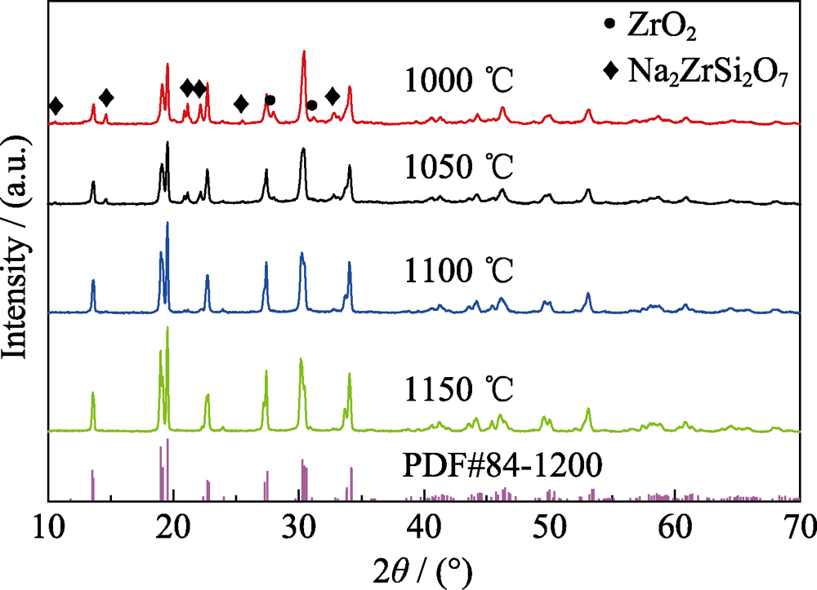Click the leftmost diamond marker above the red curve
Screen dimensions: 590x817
(56, 106)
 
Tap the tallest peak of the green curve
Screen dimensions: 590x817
(167, 329)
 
